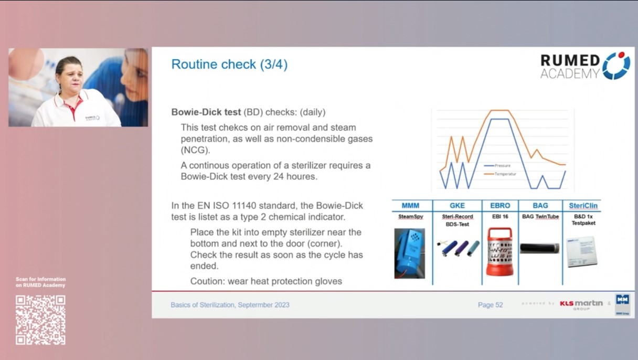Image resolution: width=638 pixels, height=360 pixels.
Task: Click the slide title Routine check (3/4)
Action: coord(229,65)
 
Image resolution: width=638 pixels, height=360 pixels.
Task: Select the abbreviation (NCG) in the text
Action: coord(195,151)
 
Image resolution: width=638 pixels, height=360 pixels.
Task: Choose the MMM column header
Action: coord(410,206)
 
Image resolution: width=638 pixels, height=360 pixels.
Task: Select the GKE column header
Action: coord(457,206)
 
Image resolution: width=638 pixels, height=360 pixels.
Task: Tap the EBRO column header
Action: coord(499,206)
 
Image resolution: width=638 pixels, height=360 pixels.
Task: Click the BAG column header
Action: coord(540,206)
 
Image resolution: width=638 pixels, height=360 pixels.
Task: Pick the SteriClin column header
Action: coord(583,206)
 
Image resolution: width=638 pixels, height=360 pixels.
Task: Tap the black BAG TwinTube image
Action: coord(539,248)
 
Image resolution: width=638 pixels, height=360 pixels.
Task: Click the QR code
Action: coord(40,320)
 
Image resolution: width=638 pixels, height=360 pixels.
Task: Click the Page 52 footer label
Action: coord(490,305)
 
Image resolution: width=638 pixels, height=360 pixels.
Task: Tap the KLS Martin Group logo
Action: coord(581,304)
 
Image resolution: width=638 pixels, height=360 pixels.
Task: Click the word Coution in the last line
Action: coord(206,281)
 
